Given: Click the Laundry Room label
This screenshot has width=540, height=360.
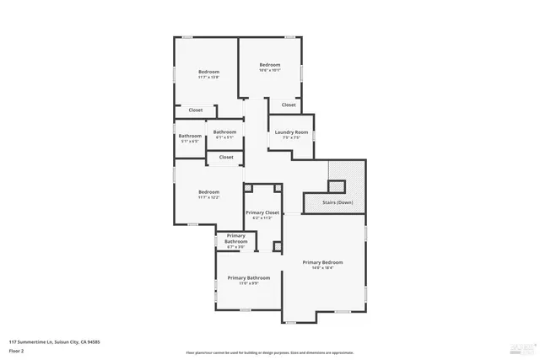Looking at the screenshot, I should coord(289,132).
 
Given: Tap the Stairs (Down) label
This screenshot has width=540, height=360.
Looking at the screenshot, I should coord(337,202).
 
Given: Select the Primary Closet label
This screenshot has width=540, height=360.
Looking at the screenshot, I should coord(262,212).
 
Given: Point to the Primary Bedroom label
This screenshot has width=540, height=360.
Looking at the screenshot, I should coord(323,262).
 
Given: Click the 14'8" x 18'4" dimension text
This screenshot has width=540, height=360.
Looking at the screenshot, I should coord(323,268).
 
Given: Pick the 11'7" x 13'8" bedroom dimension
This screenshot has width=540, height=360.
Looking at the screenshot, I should coord(208,78).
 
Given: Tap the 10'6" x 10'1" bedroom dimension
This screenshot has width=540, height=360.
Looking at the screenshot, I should coord(269,71).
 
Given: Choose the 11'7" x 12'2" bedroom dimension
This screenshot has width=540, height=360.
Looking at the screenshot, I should coord(208,198).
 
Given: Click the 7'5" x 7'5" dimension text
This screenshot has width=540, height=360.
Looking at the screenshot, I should coord(289,138).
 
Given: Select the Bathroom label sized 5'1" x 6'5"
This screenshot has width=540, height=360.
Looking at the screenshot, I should coord(190,136).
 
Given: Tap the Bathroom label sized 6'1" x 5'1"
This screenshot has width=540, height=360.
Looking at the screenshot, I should coord(224,132).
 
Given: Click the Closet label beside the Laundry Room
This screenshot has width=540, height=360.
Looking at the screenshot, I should coord(289,105).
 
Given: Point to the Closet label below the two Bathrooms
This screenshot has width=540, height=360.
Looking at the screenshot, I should coord(226,157).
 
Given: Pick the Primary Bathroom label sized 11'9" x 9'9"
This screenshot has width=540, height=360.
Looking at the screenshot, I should coord(248,278).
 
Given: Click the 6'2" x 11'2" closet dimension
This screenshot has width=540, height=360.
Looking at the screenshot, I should coord(262,218).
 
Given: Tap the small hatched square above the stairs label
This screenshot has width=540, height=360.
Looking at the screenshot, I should coord(337,186).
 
